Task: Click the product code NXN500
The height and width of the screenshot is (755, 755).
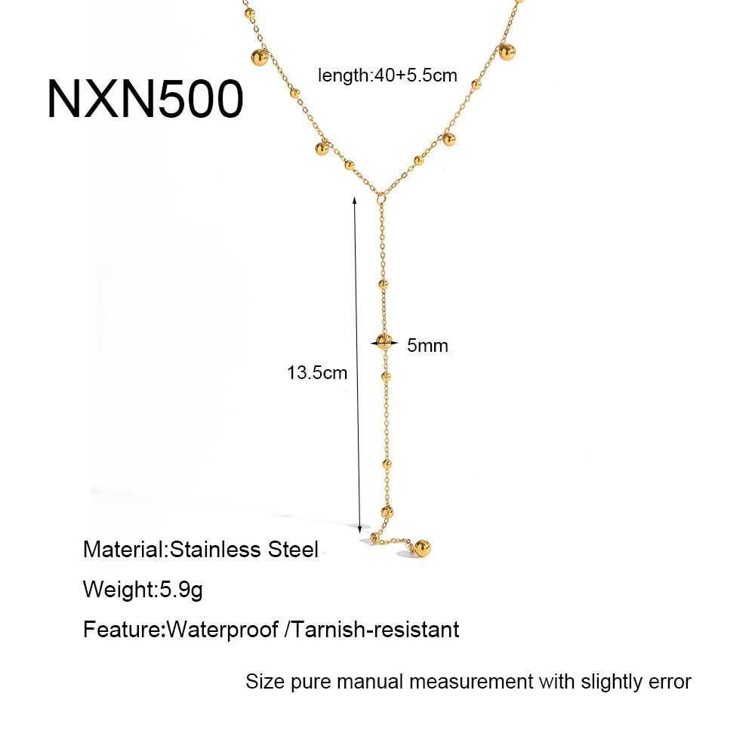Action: pyautogui.click(x=145, y=99)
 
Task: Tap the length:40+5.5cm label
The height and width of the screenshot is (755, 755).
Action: pyautogui.click(x=387, y=75)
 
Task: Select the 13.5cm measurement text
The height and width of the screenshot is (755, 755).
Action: pyautogui.click(x=317, y=373)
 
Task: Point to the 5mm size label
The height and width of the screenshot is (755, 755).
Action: pyautogui.click(x=427, y=345)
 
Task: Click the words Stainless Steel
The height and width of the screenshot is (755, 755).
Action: pyautogui.click(x=244, y=550)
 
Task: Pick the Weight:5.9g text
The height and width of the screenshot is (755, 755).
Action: pyautogui.click(x=143, y=590)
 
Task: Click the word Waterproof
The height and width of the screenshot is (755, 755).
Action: pyautogui.click(x=223, y=630)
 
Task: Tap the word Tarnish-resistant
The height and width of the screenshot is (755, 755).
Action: pyautogui.click(x=375, y=630)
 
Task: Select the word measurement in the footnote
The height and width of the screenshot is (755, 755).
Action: pyautogui.click(x=471, y=682)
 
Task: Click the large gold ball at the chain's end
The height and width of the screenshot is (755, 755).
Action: pyautogui.click(x=422, y=548)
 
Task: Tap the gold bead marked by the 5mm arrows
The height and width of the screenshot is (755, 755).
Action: pyautogui.click(x=384, y=342)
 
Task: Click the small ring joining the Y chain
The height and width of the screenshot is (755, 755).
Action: pyautogui.click(x=381, y=197)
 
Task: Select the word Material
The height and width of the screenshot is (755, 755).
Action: pyautogui.click(x=124, y=550)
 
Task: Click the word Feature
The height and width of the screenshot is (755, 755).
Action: pyautogui.click(x=123, y=630)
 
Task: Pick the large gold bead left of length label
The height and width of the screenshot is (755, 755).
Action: pyautogui.click(x=260, y=58)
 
